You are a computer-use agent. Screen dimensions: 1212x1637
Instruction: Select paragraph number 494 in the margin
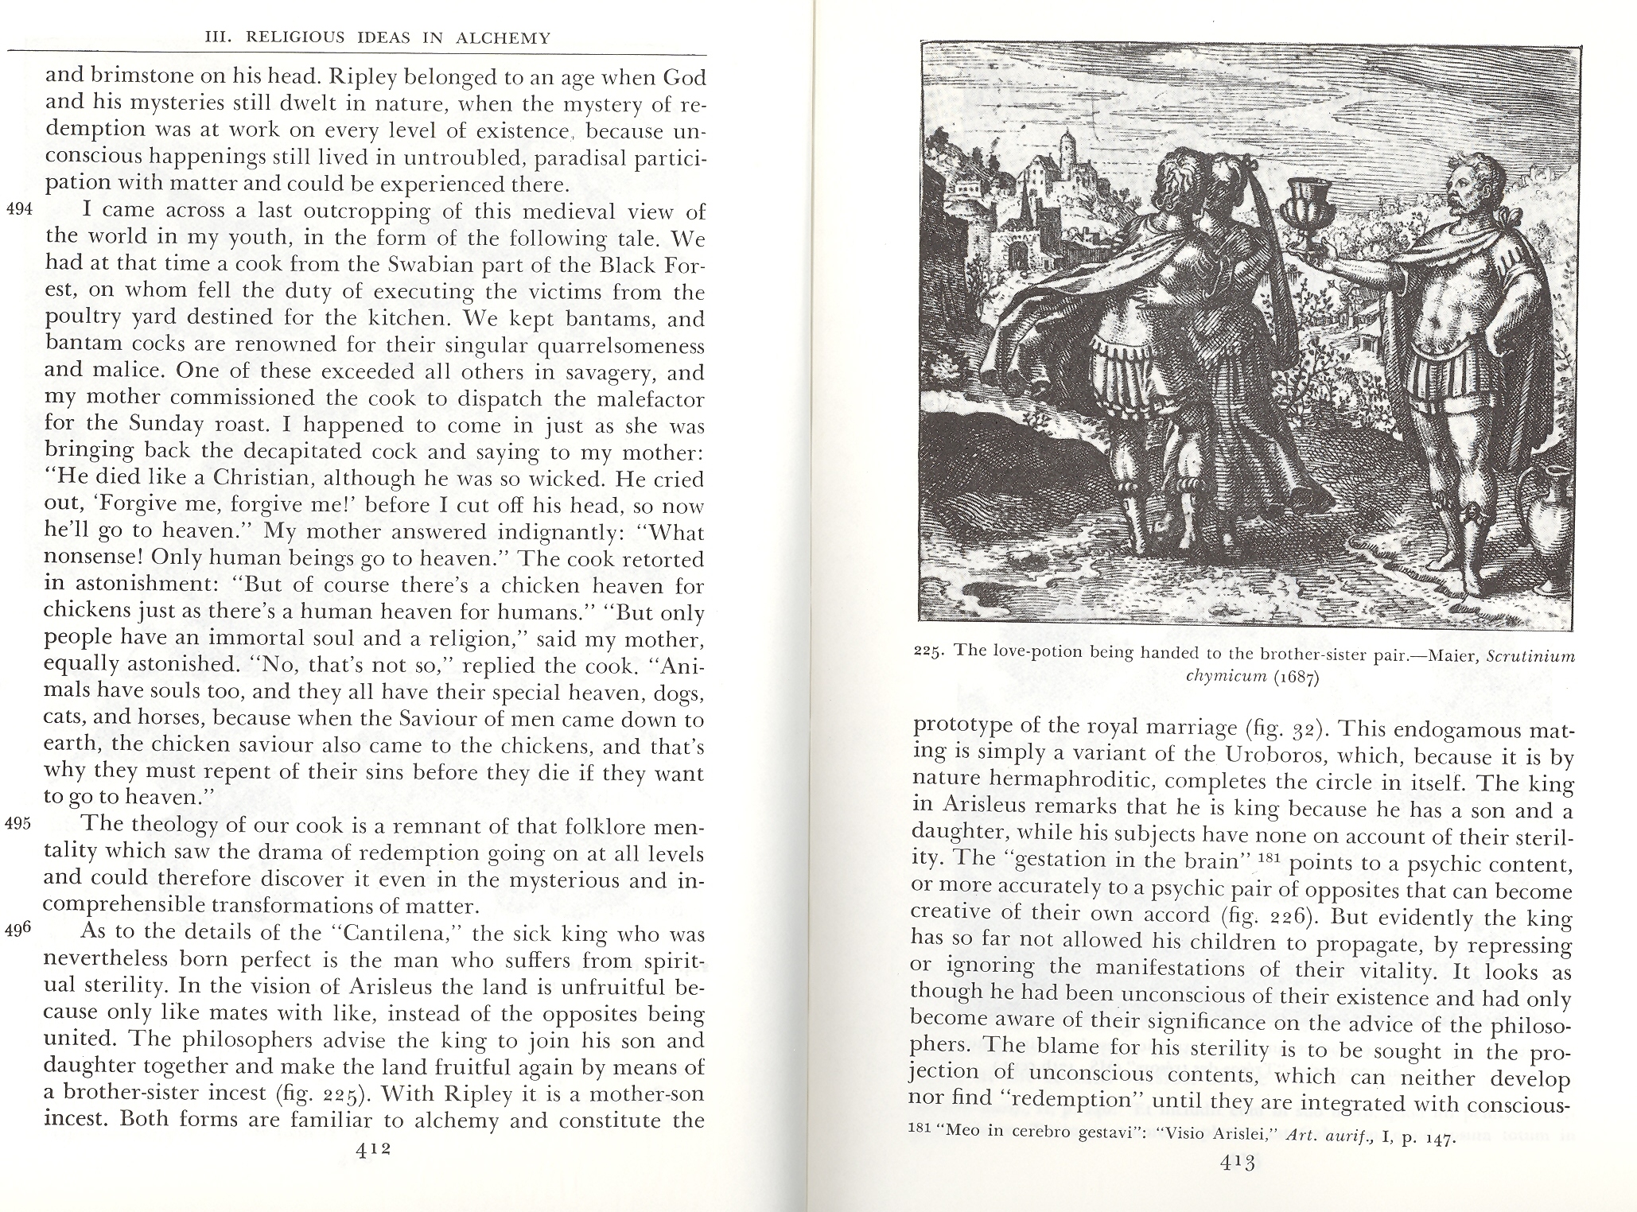click(17, 211)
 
